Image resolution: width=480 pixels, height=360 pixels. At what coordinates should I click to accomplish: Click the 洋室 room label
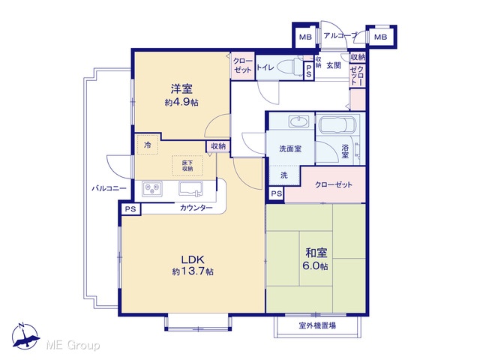click(181, 89)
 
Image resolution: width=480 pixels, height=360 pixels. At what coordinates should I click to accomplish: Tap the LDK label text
click(193, 260)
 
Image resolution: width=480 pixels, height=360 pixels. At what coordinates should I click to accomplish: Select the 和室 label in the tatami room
click(316, 253)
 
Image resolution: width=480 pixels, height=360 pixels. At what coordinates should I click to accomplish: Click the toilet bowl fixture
click(288, 66)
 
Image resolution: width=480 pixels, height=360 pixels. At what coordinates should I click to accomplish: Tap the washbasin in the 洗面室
click(298, 121)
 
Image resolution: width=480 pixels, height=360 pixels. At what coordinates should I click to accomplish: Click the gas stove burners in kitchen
click(151, 188)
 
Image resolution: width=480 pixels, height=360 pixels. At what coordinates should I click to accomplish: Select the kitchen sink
click(190, 188)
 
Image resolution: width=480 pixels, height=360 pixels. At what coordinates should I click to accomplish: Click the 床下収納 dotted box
click(187, 166)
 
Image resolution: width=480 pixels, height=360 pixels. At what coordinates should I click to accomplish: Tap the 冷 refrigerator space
click(148, 145)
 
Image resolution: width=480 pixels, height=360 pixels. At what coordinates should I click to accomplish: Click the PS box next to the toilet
click(308, 71)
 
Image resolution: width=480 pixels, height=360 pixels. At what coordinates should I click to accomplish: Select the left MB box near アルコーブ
click(305, 37)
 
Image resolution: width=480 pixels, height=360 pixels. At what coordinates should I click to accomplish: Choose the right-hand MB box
click(380, 37)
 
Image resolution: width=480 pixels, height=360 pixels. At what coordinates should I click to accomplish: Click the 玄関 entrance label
click(333, 65)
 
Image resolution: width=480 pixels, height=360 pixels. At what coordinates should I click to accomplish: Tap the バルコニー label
click(109, 188)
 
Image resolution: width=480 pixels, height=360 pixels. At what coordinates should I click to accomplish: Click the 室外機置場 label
click(316, 325)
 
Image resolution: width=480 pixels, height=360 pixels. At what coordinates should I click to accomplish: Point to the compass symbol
click(25, 336)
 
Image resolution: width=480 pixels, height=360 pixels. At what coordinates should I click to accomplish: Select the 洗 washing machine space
click(284, 175)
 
